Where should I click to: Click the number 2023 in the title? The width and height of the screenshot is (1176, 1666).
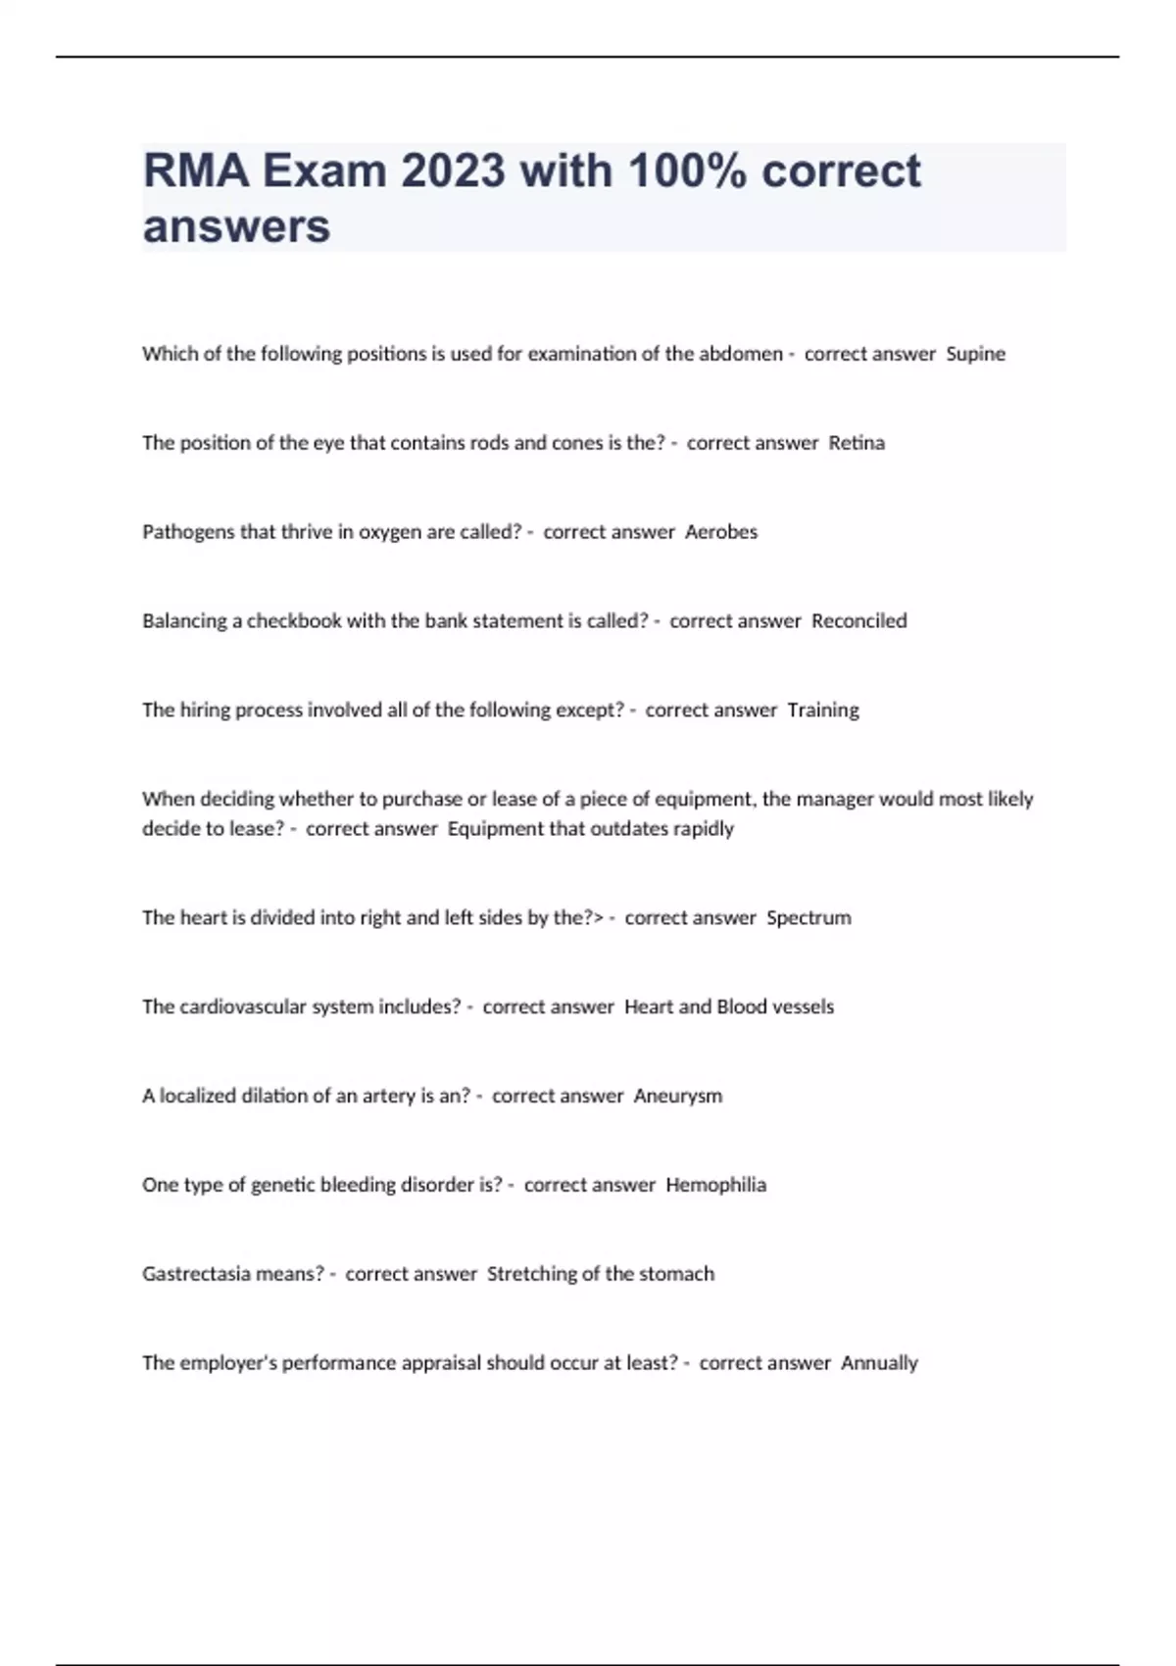click(x=453, y=171)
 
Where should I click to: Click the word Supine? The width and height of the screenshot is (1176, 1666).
click(x=975, y=354)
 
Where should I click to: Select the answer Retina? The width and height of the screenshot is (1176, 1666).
click(x=857, y=443)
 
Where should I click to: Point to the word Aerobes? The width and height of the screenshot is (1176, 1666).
click(x=721, y=532)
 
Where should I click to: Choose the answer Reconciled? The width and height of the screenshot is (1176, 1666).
click(x=859, y=621)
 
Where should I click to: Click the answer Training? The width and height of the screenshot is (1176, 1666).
click(x=823, y=710)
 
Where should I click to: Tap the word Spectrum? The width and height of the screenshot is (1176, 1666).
click(x=808, y=918)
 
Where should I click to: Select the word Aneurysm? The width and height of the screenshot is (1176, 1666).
click(x=678, y=1096)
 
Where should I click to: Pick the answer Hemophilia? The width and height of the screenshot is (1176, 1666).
click(x=715, y=1185)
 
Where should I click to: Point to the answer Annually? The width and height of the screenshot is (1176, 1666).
click(x=879, y=1363)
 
